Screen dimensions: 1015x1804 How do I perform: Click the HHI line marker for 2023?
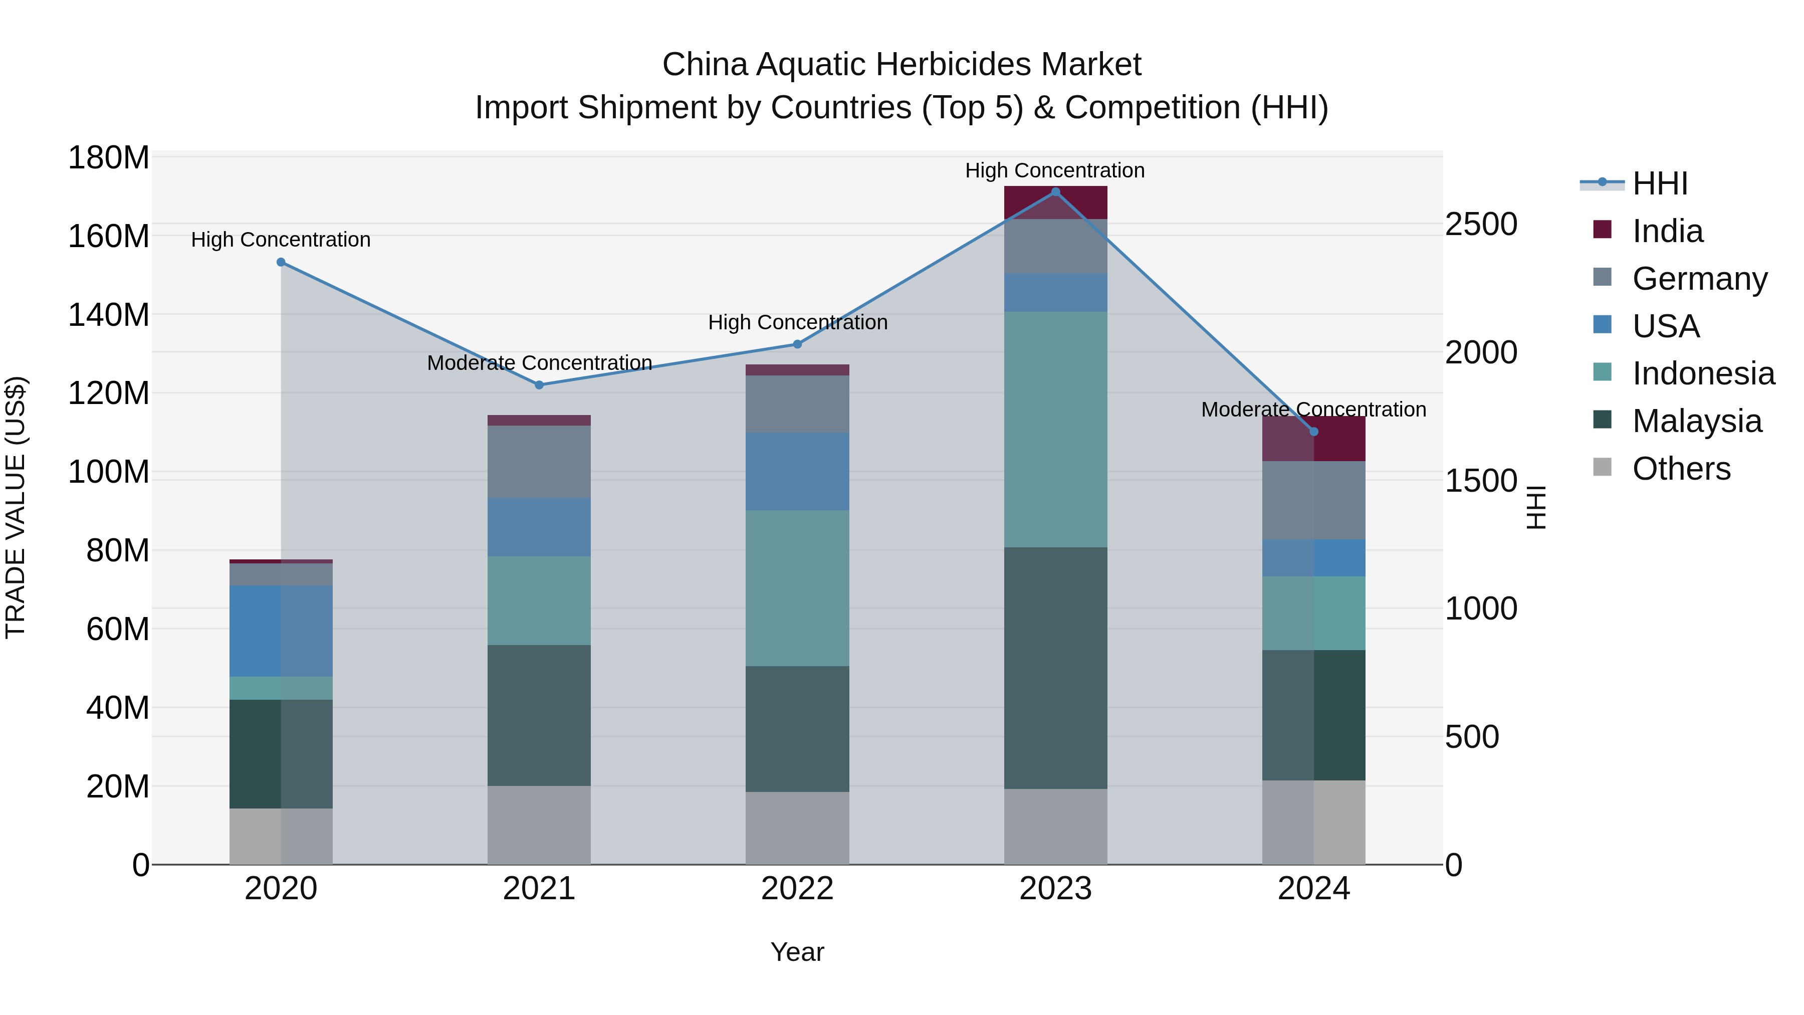click(x=1055, y=192)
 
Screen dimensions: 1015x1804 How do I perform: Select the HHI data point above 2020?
click(x=281, y=262)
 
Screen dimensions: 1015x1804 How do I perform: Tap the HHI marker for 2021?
click(x=539, y=385)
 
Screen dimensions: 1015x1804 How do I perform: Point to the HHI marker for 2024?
click(x=1314, y=432)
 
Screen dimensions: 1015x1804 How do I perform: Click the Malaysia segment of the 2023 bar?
click(x=1055, y=668)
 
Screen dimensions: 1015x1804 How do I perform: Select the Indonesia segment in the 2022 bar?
click(x=797, y=588)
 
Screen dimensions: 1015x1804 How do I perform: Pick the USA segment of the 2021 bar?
click(x=539, y=527)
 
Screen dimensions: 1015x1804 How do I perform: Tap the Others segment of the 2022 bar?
click(x=797, y=828)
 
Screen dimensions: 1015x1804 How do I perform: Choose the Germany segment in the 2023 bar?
click(x=1055, y=246)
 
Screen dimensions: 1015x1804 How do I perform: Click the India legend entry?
click(x=1667, y=231)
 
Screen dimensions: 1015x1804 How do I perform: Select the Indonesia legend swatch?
click(x=1603, y=372)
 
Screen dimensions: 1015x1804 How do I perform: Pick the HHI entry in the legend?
click(x=1660, y=183)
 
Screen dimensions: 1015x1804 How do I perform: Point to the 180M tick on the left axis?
click(x=109, y=157)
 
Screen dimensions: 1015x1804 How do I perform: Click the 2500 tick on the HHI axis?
click(x=1480, y=224)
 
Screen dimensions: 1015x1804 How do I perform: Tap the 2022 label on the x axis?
click(x=797, y=889)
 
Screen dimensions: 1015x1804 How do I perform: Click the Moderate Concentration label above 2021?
click(x=539, y=363)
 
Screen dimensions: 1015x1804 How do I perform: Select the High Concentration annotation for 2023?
click(x=1055, y=170)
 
